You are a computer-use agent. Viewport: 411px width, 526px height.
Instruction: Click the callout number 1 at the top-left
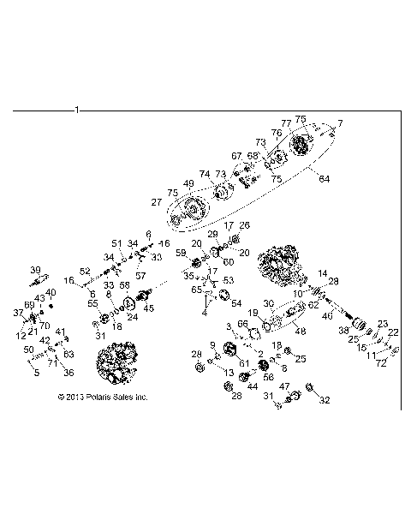[78, 111]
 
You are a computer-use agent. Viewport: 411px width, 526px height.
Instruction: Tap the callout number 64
[324, 178]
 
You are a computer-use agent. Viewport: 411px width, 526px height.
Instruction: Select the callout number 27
[157, 202]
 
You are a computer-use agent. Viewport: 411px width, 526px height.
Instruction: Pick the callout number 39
[36, 269]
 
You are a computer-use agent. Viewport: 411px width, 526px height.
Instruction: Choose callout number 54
[236, 302]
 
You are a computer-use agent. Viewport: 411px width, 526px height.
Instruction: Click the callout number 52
[86, 271]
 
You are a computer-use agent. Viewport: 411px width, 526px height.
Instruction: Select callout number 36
[68, 372]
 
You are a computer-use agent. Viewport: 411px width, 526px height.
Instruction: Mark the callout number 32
[324, 400]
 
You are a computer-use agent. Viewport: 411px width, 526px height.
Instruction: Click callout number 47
[284, 386]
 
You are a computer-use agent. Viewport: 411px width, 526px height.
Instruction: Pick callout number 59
[181, 253]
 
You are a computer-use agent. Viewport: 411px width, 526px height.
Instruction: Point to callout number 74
[204, 173]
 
